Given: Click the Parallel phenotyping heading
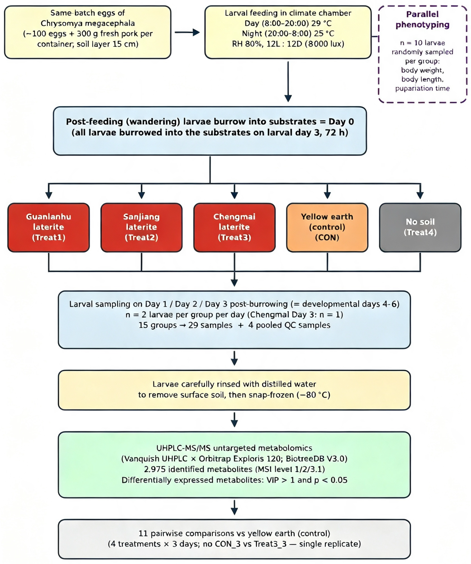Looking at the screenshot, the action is pos(422,19).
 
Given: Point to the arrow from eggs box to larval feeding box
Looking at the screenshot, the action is pos(187,32).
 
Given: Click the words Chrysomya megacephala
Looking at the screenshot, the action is pos(88,23).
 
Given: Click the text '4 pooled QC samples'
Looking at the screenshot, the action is pos(289,325).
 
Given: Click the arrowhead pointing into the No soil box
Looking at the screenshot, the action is pos(420,195).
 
